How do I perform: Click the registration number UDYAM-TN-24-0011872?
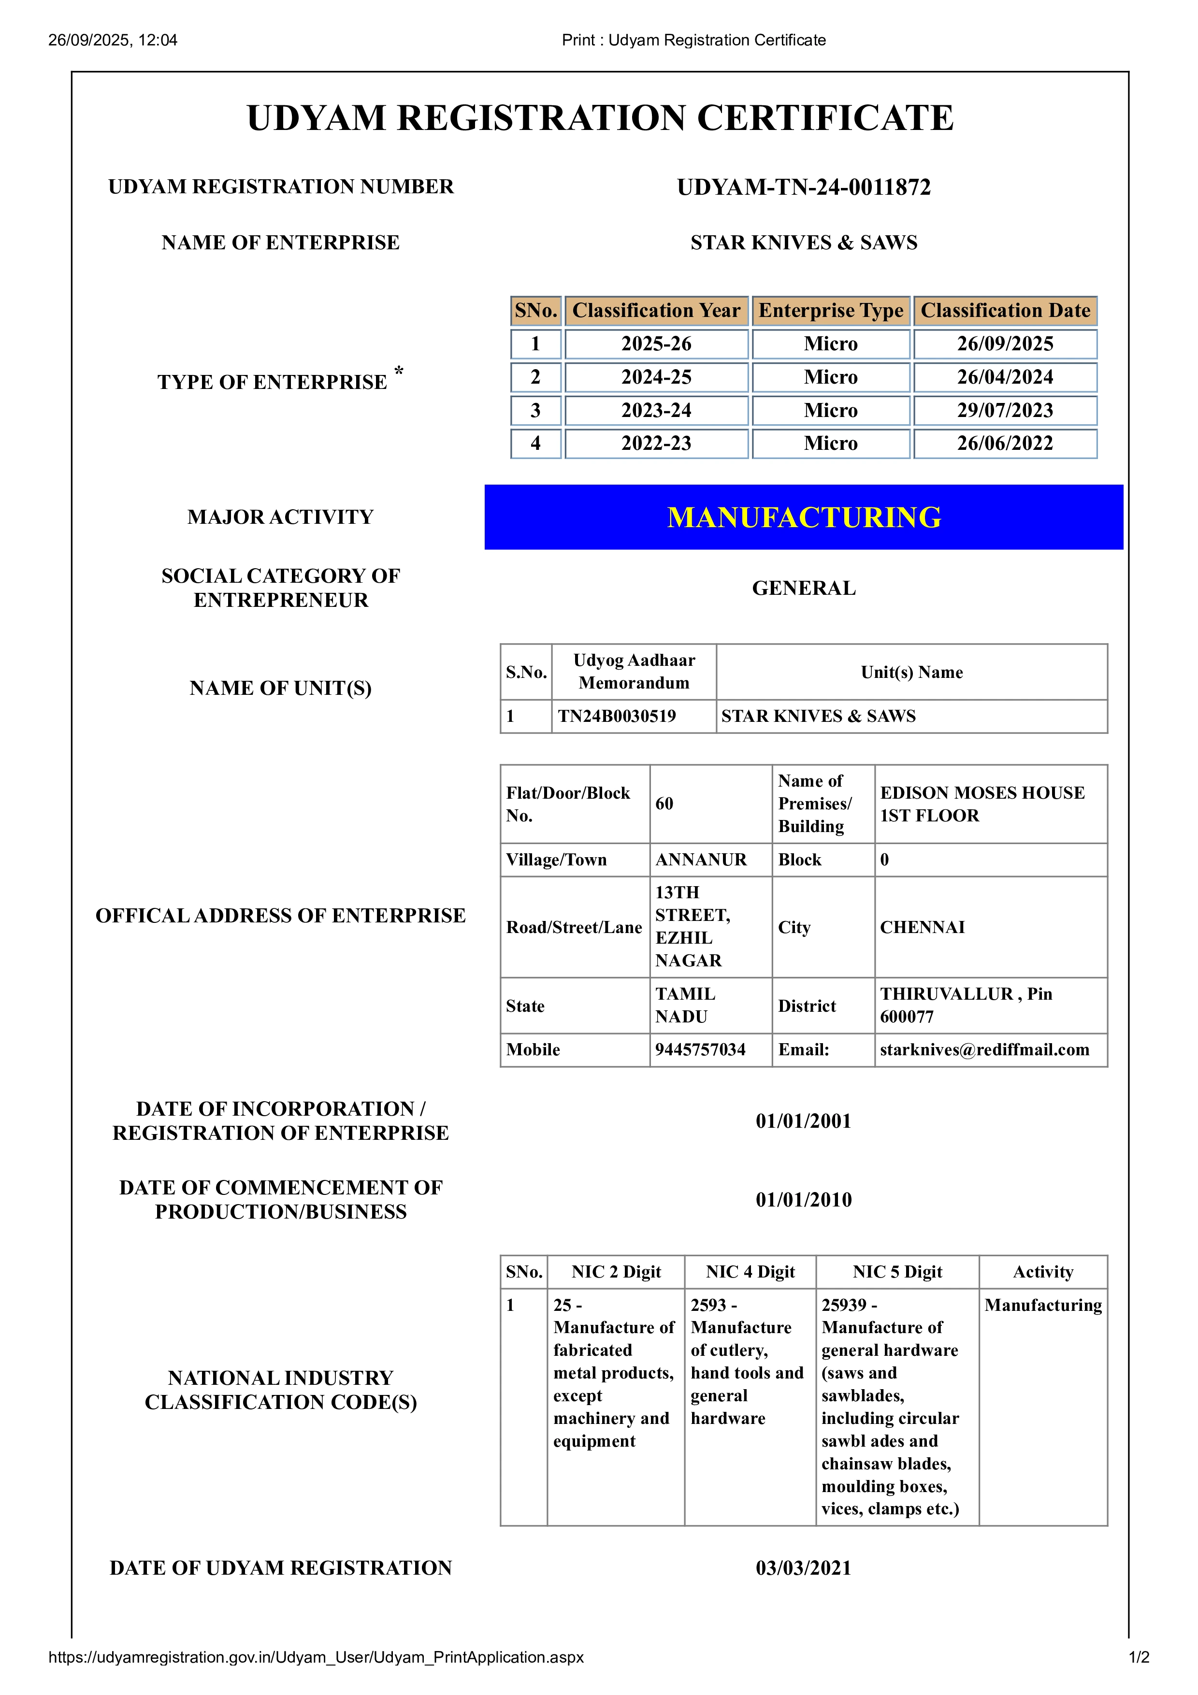pos(803,187)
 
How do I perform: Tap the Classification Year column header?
pos(656,311)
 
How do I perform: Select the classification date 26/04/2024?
pos(1005,377)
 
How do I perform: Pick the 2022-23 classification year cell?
pos(656,444)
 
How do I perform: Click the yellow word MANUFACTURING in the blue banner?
pos(804,517)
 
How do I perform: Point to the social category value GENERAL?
pos(804,589)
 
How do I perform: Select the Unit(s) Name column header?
pos(911,673)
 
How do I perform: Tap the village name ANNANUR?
pos(701,860)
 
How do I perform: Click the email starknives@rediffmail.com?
pos(984,1050)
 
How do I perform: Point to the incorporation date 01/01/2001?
pos(803,1121)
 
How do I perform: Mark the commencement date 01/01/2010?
pos(803,1200)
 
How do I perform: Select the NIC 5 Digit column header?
pos(897,1272)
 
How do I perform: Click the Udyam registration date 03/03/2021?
pos(803,1568)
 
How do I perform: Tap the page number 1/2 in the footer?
pos(1138,1657)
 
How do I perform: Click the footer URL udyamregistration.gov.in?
pos(316,1657)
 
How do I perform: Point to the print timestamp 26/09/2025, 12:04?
pos(113,41)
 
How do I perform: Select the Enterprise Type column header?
pos(830,311)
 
